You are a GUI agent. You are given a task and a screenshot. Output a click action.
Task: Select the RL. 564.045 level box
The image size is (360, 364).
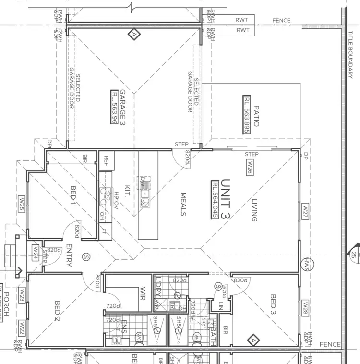(215, 200)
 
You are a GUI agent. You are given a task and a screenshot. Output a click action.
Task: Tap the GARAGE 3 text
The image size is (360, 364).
(122, 107)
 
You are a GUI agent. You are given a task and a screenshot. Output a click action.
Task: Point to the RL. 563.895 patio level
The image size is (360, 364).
(247, 114)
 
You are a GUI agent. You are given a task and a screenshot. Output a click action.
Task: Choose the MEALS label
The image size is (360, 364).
(183, 204)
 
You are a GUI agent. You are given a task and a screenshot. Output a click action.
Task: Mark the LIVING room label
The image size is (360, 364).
(254, 211)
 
